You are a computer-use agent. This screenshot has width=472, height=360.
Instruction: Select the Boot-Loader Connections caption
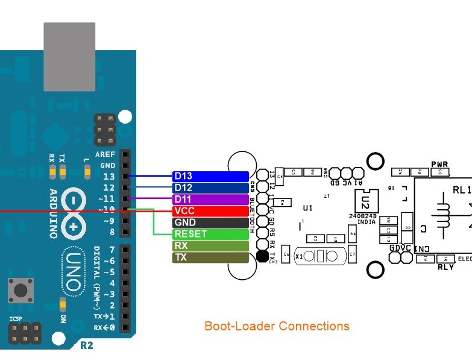(277, 326)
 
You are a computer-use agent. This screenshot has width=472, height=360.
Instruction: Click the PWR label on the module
(439, 165)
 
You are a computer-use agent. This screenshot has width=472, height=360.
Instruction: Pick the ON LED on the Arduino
(62, 304)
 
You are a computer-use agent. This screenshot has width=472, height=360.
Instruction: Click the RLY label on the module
(445, 267)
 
